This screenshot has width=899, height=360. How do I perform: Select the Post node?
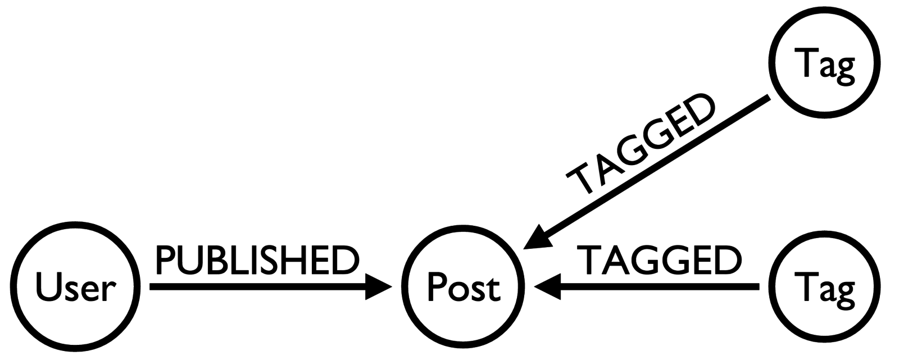point(464,287)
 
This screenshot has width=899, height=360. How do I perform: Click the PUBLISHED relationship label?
point(257,261)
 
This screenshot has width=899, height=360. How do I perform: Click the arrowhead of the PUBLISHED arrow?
point(378,287)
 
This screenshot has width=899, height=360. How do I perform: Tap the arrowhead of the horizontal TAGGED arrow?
point(548,287)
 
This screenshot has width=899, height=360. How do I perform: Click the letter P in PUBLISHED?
point(166,261)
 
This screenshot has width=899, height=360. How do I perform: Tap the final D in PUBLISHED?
point(346,261)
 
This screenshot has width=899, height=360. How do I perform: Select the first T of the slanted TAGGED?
point(582,179)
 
